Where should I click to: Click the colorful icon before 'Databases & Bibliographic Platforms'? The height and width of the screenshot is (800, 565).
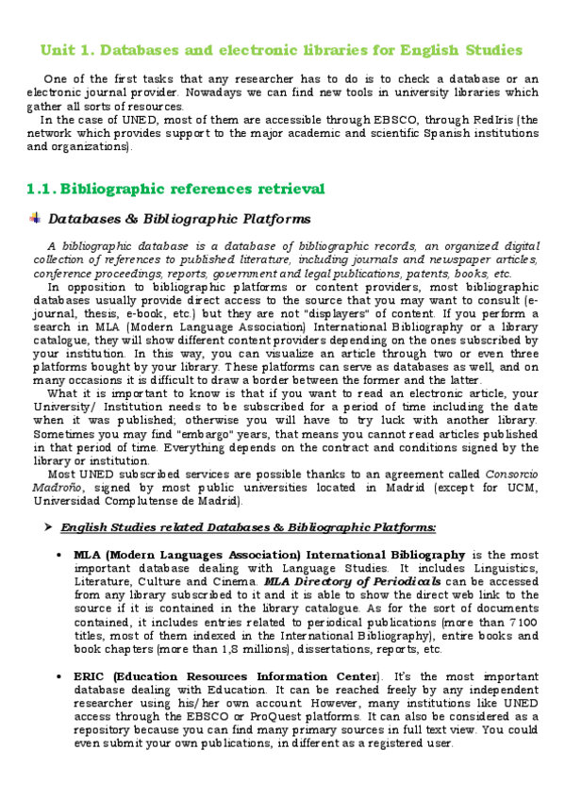[x=35, y=219]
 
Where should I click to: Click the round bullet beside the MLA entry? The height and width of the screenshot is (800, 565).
[x=59, y=555]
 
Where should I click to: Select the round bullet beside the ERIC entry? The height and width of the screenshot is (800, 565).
[x=59, y=676]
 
